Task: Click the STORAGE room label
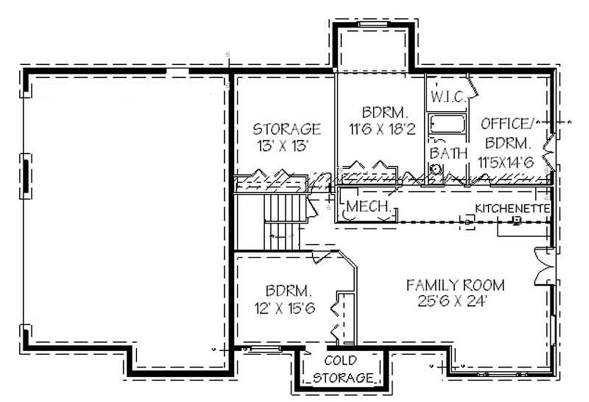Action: coord(287,128)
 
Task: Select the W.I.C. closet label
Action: coord(446,96)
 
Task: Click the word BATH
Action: coord(448,153)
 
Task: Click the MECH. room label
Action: coord(369,206)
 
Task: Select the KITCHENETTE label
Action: coord(512,209)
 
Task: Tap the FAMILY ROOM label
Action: coord(455,285)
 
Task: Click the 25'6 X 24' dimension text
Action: coord(455,301)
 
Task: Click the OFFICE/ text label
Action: coord(506,124)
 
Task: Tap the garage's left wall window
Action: coord(27,176)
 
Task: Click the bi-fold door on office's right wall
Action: coord(550,150)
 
